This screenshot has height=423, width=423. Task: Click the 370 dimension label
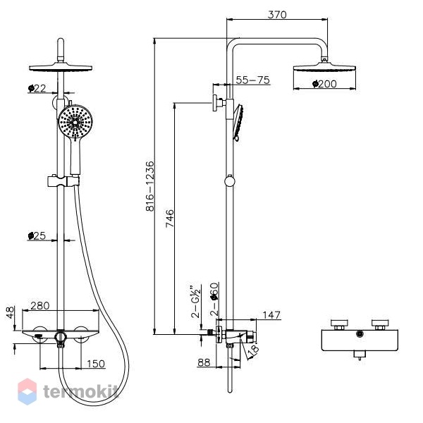277,15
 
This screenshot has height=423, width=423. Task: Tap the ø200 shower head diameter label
324,84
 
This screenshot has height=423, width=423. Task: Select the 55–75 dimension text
253,80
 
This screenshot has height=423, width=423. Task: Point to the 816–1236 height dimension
150,186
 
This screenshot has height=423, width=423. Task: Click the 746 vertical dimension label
170,219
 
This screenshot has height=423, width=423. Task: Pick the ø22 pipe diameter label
37,88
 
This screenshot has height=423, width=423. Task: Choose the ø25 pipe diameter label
37,235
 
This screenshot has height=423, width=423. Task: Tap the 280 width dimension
40,306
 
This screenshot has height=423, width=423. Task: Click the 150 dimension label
96,364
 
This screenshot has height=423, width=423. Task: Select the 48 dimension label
11,312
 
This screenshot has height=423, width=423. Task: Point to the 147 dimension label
271,315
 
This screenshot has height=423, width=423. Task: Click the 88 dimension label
204,362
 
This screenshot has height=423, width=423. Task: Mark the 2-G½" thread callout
195,301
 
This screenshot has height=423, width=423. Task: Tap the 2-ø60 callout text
214,299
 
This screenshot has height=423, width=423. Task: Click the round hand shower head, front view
75,122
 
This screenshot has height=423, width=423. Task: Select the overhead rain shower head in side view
324,67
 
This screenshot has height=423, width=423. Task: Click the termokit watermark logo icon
27,391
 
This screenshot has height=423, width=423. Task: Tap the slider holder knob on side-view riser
230,180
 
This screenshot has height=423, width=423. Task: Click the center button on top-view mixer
360,333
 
